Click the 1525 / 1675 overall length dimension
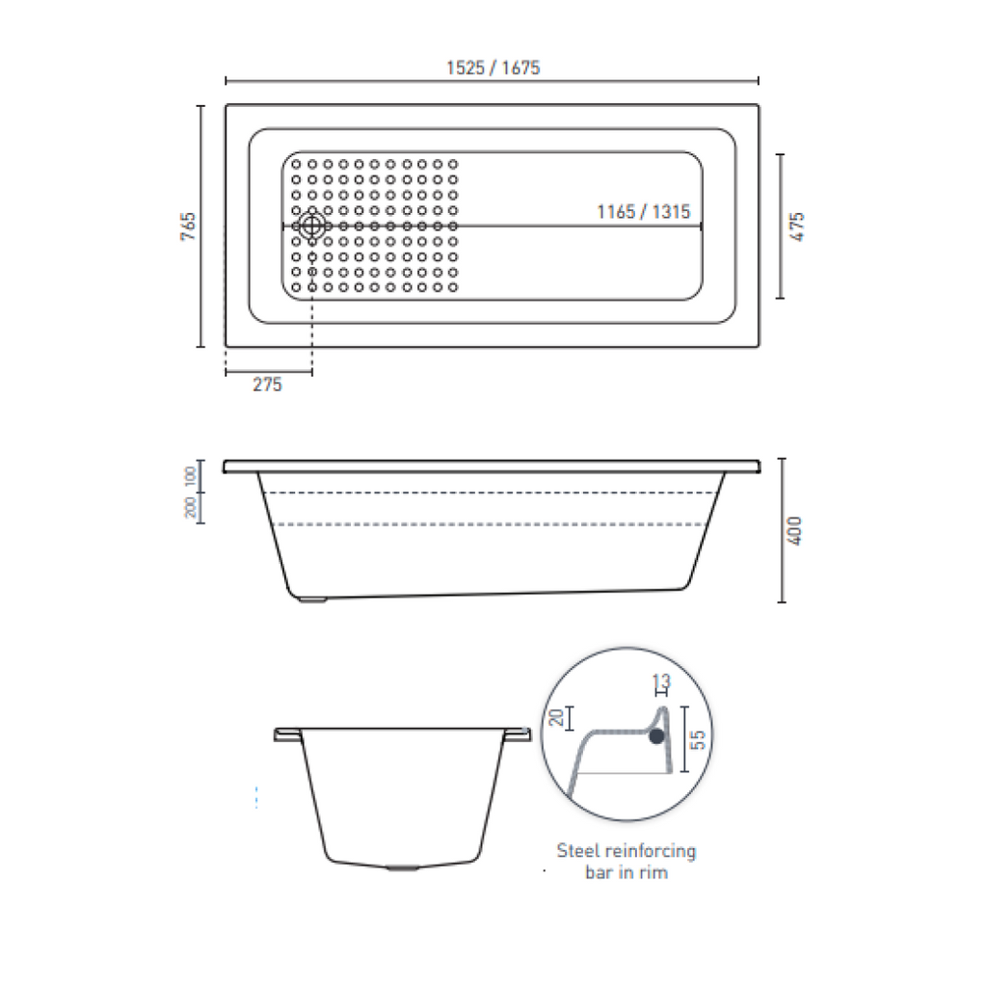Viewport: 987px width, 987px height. click(x=493, y=68)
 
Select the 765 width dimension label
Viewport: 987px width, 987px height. click(x=189, y=227)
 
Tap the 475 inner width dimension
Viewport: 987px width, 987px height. click(x=796, y=227)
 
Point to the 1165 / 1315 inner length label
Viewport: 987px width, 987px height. click(x=643, y=212)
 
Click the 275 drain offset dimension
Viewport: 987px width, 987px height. click(x=267, y=385)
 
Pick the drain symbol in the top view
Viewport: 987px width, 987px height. click(x=311, y=227)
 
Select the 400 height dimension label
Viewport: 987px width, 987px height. click(x=796, y=530)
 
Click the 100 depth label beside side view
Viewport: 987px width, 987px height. click(x=191, y=475)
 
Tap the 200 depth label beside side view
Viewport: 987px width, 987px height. click(x=191, y=507)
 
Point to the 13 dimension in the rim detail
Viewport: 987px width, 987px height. click(x=661, y=682)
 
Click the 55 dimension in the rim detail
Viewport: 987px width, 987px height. click(x=700, y=739)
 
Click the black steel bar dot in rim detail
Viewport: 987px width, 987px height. click(x=656, y=736)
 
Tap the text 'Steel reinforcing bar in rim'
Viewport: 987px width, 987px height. click(x=626, y=862)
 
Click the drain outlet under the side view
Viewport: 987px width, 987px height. click(x=313, y=600)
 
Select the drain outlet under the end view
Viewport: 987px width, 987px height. click(x=402, y=867)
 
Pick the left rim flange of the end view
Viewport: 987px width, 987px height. click(x=287, y=734)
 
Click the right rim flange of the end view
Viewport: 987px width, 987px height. click(x=518, y=734)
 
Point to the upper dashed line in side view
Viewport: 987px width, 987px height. click(x=492, y=493)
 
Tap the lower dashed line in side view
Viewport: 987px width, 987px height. click(x=492, y=524)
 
